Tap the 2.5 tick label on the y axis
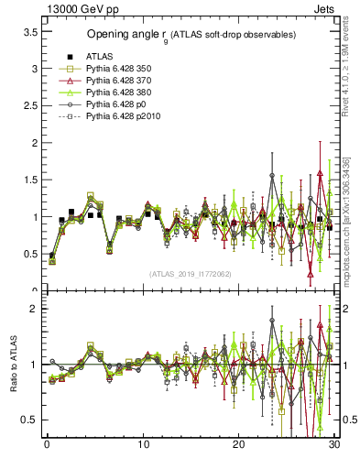[29, 105]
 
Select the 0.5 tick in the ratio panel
[29, 420]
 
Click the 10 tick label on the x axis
[142, 445]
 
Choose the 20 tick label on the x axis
[238, 445]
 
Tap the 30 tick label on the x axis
[334, 445]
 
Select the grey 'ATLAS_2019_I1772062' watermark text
[190, 273]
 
